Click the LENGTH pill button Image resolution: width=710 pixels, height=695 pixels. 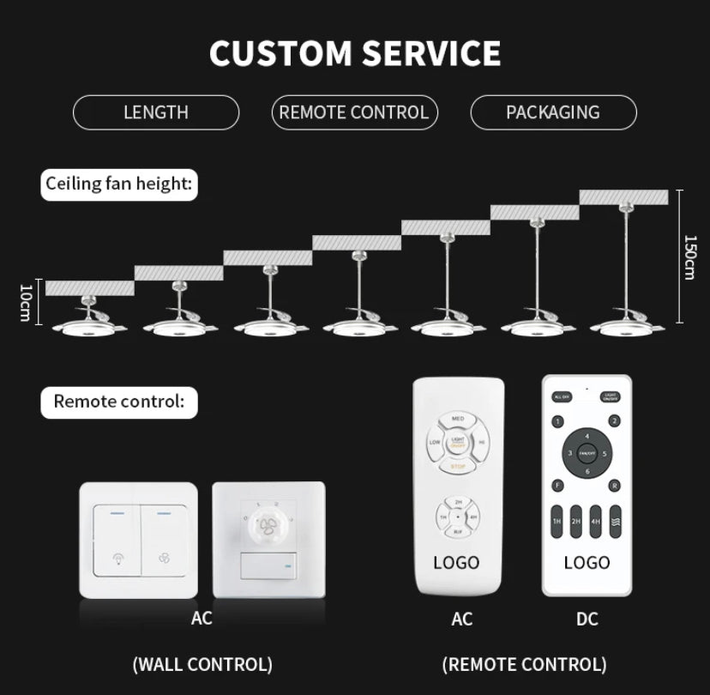click(156, 112)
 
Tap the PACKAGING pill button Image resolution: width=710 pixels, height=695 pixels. click(553, 112)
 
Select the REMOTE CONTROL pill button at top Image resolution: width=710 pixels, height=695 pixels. click(354, 112)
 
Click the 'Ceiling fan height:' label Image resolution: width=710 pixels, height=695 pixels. click(119, 183)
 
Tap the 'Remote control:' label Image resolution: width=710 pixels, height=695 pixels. click(119, 401)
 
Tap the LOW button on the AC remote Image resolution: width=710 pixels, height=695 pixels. click(435, 443)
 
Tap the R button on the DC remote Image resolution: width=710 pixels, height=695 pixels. click(615, 486)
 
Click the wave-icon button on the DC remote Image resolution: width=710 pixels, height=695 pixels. click(616, 521)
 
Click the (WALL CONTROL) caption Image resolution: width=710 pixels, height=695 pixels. click(202, 663)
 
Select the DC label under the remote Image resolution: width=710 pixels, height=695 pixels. click(587, 619)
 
